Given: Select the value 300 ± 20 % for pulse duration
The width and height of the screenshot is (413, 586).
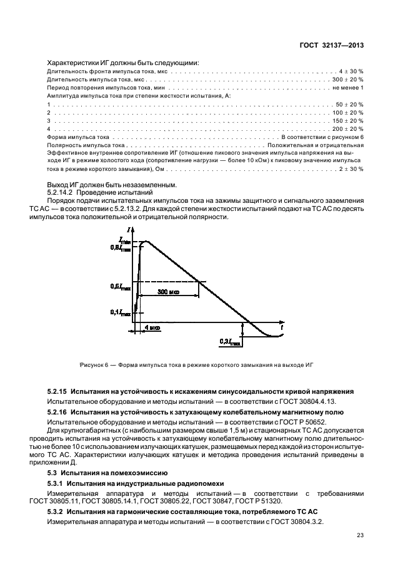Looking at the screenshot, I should click(348, 80).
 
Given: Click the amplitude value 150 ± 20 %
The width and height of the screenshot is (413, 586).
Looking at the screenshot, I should click(348, 120).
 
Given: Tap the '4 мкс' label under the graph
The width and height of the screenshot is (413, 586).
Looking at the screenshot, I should click(152, 327).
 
